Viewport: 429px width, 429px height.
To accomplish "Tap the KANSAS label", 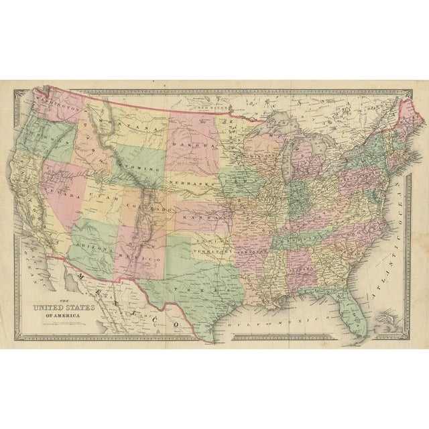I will [x=204, y=218].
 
